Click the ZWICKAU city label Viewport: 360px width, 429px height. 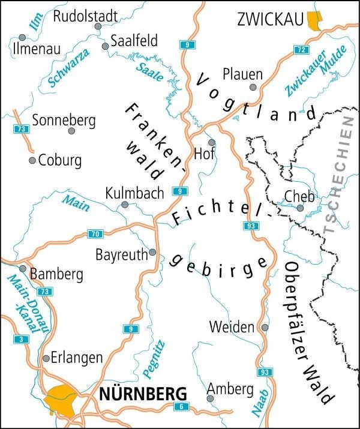click(x=269, y=20)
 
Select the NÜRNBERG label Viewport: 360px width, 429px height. click(x=143, y=394)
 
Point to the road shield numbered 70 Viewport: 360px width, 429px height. click(x=95, y=233)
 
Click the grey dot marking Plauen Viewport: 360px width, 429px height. click(x=253, y=88)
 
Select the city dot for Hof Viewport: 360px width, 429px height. click(x=211, y=142)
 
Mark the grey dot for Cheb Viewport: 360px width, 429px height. click(x=300, y=208)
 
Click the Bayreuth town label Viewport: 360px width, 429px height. click(x=121, y=255)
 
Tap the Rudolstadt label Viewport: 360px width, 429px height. click(x=85, y=16)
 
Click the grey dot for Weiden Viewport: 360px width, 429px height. click(x=266, y=328)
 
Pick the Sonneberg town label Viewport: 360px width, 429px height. click(x=64, y=120)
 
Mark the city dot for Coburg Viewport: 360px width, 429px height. click(x=32, y=161)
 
